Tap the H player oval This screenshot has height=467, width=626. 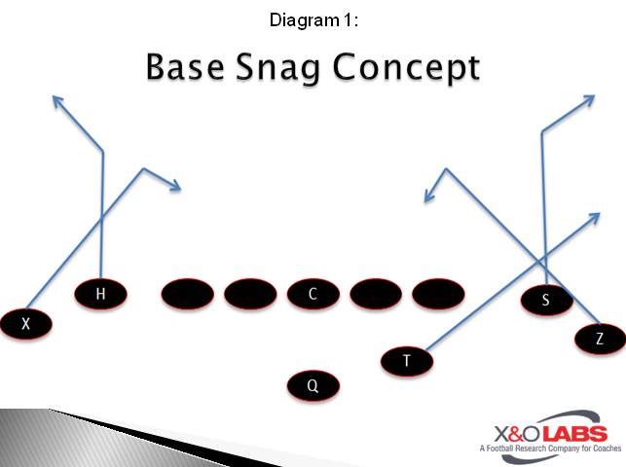pos(101,293)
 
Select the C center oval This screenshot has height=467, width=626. pos(313,294)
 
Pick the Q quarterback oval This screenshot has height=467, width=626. pos(313,385)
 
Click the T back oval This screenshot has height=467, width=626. pos(407,361)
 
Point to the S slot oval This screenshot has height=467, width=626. pos(545,301)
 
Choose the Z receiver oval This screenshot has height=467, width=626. pos(599,339)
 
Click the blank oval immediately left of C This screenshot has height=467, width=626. pos(250,294)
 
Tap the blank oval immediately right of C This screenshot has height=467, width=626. pos(375,294)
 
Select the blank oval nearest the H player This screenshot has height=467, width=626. pos(188,294)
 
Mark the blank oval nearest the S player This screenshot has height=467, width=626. pos(438,294)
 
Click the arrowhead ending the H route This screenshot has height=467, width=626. pos(56,98)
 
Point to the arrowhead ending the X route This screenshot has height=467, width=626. pos(176,187)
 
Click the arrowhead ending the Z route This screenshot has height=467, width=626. pos(426,198)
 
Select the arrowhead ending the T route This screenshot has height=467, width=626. pos(595,216)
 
